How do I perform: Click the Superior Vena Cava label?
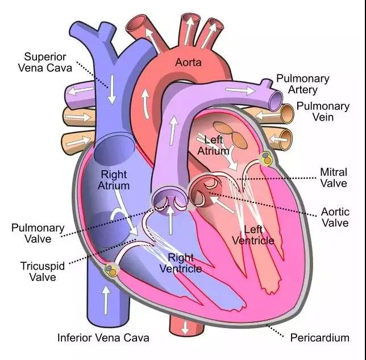pyautogui.click(x=45, y=63)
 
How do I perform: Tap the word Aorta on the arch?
pyautogui.click(x=188, y=63)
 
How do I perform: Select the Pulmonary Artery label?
pyautogui.click(x=303, y=84)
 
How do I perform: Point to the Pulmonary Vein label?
pyautogui.click(x=323, y=111)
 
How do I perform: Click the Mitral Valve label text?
pyautogui.click(x=334, y=177)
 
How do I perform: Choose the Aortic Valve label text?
pyautogui.click(x=335, y=217)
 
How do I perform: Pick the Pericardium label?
pyautogui.click(x=320, y=338)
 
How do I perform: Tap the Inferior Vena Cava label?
pyautogui.click(x=103, y=338)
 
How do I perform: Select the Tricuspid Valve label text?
pyautogui.click(x=43, y=271)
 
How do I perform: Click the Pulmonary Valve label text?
pyautogui.click(x=38, y=233)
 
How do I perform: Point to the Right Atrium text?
pyautogui.click(x=114, y=180)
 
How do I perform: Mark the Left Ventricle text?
pyautogui.click(x=253, y=235)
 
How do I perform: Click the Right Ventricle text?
pyautogui.click(x=181, y=263)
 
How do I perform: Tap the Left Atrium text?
pyautogui.click(x=213, y=146)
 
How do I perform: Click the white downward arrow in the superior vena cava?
pyautogui.click(x=112, y=90)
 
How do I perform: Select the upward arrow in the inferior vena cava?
pyautogui.click(x=106, y=300)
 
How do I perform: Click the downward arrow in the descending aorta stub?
pyautogui.click(x=185, y=328)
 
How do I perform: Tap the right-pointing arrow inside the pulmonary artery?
pyautogui.click(x=240, y=90)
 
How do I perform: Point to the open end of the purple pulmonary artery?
pyautogui.click(x=276, y=101)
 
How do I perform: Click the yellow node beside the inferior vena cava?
pyautogui.click(x=111, y=271)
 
